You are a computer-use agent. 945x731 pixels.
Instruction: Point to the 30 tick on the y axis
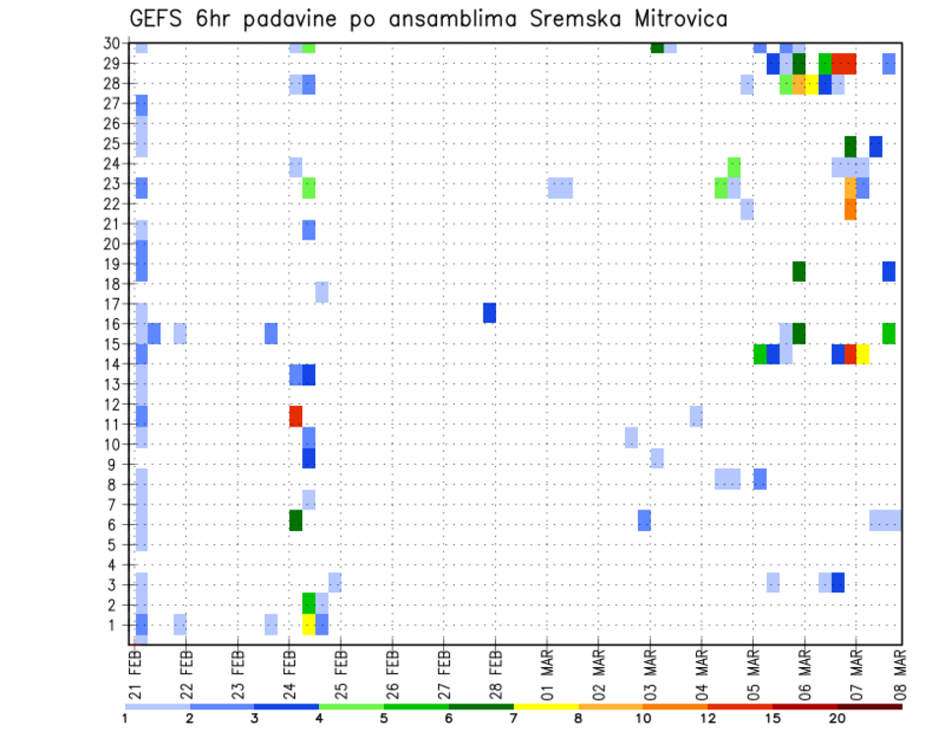point(113,43)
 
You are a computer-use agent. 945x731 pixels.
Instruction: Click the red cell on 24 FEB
point(295,416)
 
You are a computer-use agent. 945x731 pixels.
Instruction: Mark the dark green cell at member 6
point(295,519)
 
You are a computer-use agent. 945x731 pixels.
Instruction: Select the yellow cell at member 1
point(309,625)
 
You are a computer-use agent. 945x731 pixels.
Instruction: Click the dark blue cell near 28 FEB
point(489,312)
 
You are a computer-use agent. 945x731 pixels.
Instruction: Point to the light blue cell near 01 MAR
point(560,187)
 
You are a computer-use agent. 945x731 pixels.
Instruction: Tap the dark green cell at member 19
point(798,271)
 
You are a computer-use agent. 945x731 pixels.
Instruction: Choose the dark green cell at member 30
point(657,47)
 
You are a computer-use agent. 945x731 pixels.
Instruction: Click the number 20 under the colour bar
point(837,718)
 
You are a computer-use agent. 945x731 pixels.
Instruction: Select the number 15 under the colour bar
point(773,718)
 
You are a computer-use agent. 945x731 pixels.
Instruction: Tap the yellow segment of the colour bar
point(545,705)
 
